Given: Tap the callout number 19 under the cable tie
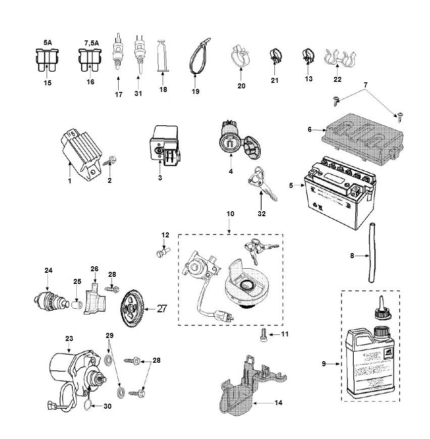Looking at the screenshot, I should (196, 91).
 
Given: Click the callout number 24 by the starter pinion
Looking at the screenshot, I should (49, 271).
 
